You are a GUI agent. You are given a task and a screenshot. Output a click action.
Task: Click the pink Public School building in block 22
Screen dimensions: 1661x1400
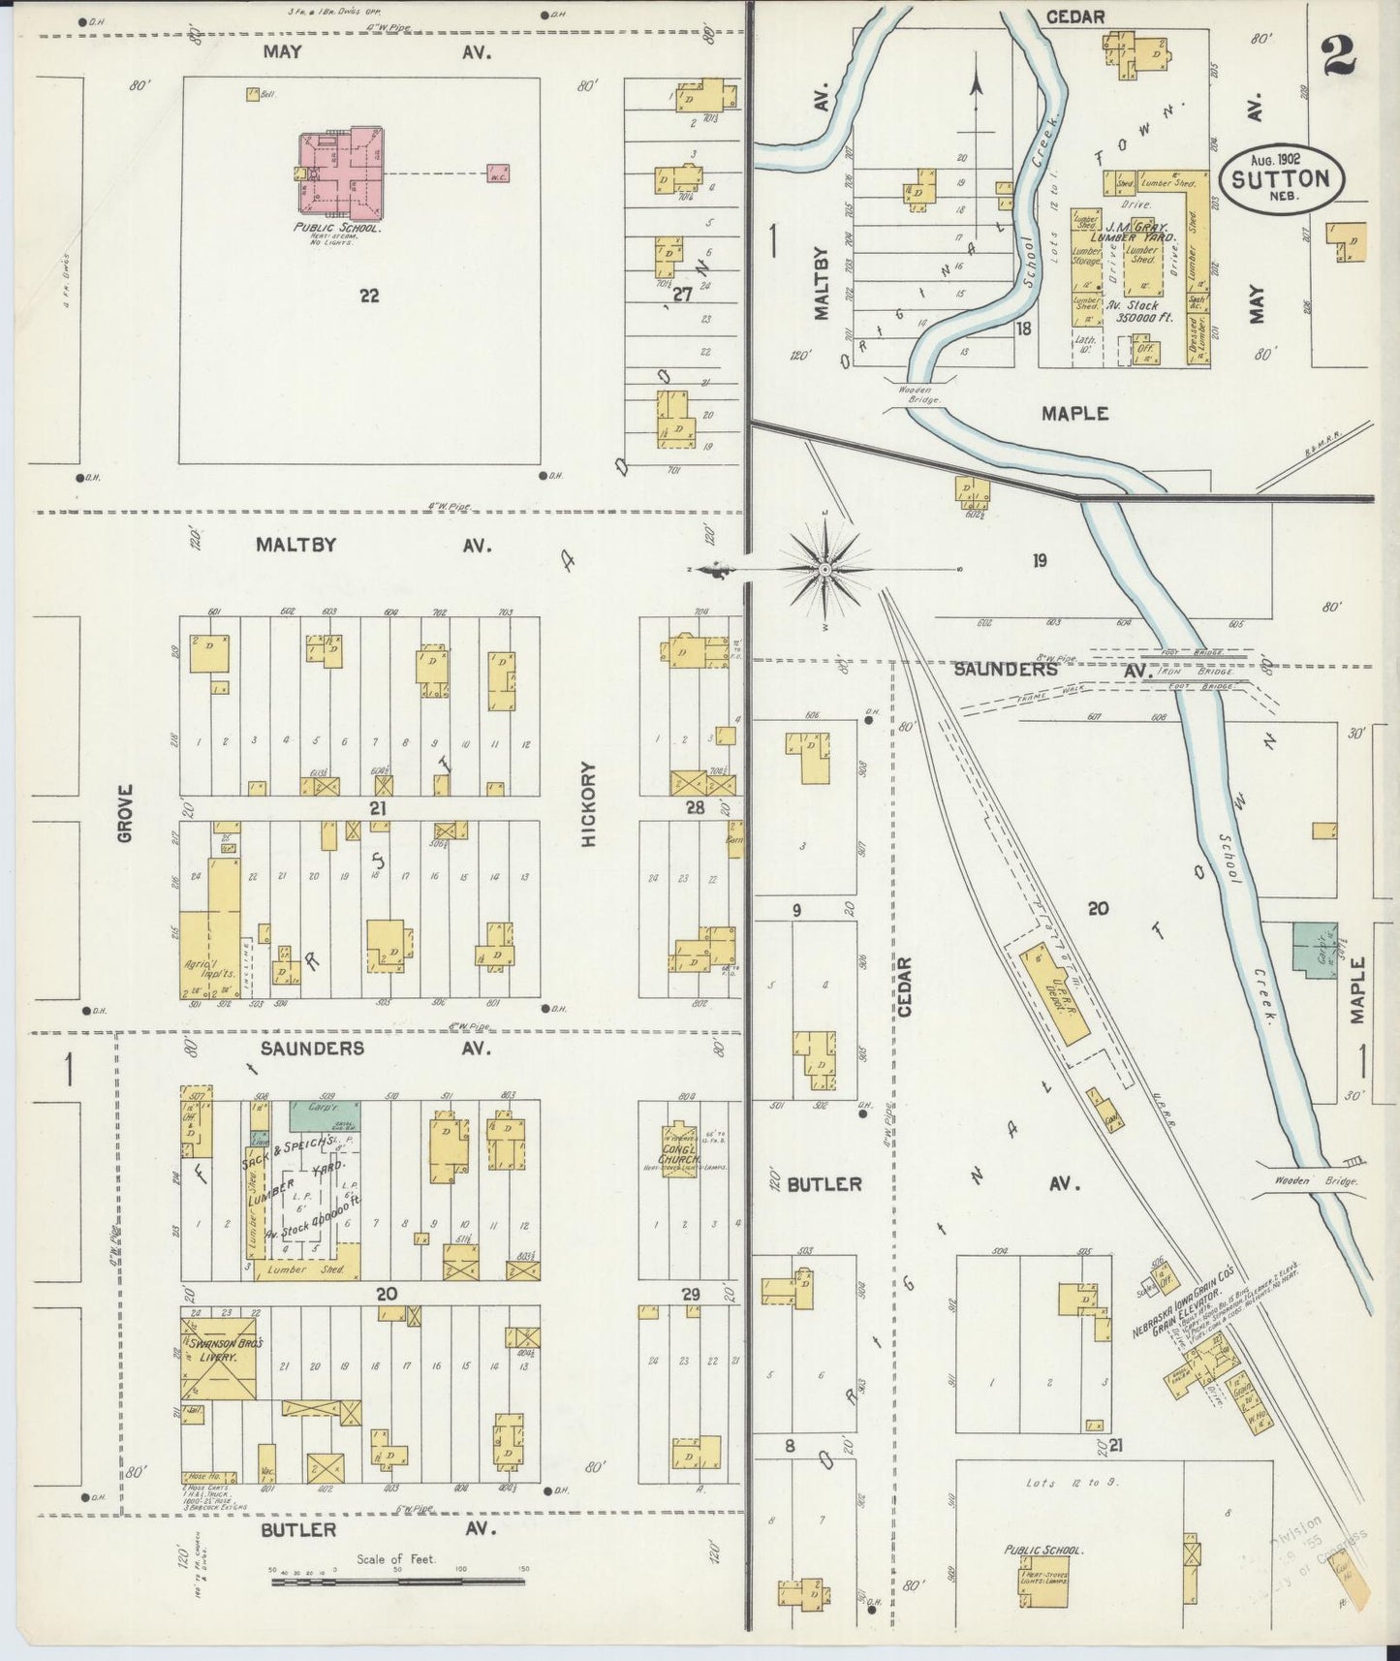[x=339, y=172]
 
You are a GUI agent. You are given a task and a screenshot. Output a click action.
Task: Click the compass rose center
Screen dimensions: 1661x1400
[x=824, y=570]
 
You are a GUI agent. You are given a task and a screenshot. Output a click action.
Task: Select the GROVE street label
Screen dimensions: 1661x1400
[x=125, y=812]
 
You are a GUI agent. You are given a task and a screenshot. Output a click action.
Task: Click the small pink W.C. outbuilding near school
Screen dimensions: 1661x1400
[x=498, y=173]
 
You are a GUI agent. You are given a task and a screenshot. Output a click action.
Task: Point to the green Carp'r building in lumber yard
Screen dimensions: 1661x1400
[x=320, y=1115]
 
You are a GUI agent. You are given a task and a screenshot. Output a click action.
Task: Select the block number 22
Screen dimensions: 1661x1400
[x=368, y=296]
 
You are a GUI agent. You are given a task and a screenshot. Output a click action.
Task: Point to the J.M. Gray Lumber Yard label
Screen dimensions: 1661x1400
[x=1134, y=232]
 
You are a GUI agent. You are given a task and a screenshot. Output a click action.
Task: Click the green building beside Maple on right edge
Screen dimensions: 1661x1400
[x=1314, y=949]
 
